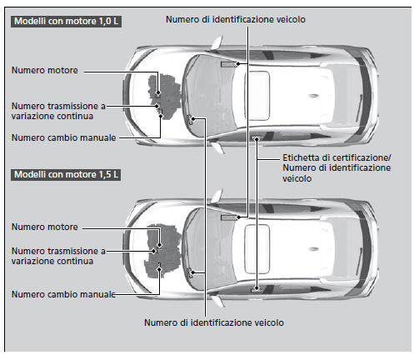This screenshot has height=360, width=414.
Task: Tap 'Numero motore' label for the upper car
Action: tap(45, 71)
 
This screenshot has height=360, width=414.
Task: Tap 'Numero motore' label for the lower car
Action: tap(45, 227)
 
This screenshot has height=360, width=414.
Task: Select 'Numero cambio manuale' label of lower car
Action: tap(63, 293)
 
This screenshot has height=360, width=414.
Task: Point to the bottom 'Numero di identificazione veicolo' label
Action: tap(214, 322)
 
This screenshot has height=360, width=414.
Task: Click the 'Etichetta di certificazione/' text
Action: tap(337, 157)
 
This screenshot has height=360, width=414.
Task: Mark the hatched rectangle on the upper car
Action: tap(227, 62)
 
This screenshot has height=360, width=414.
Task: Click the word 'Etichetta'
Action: tap(303, 157)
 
